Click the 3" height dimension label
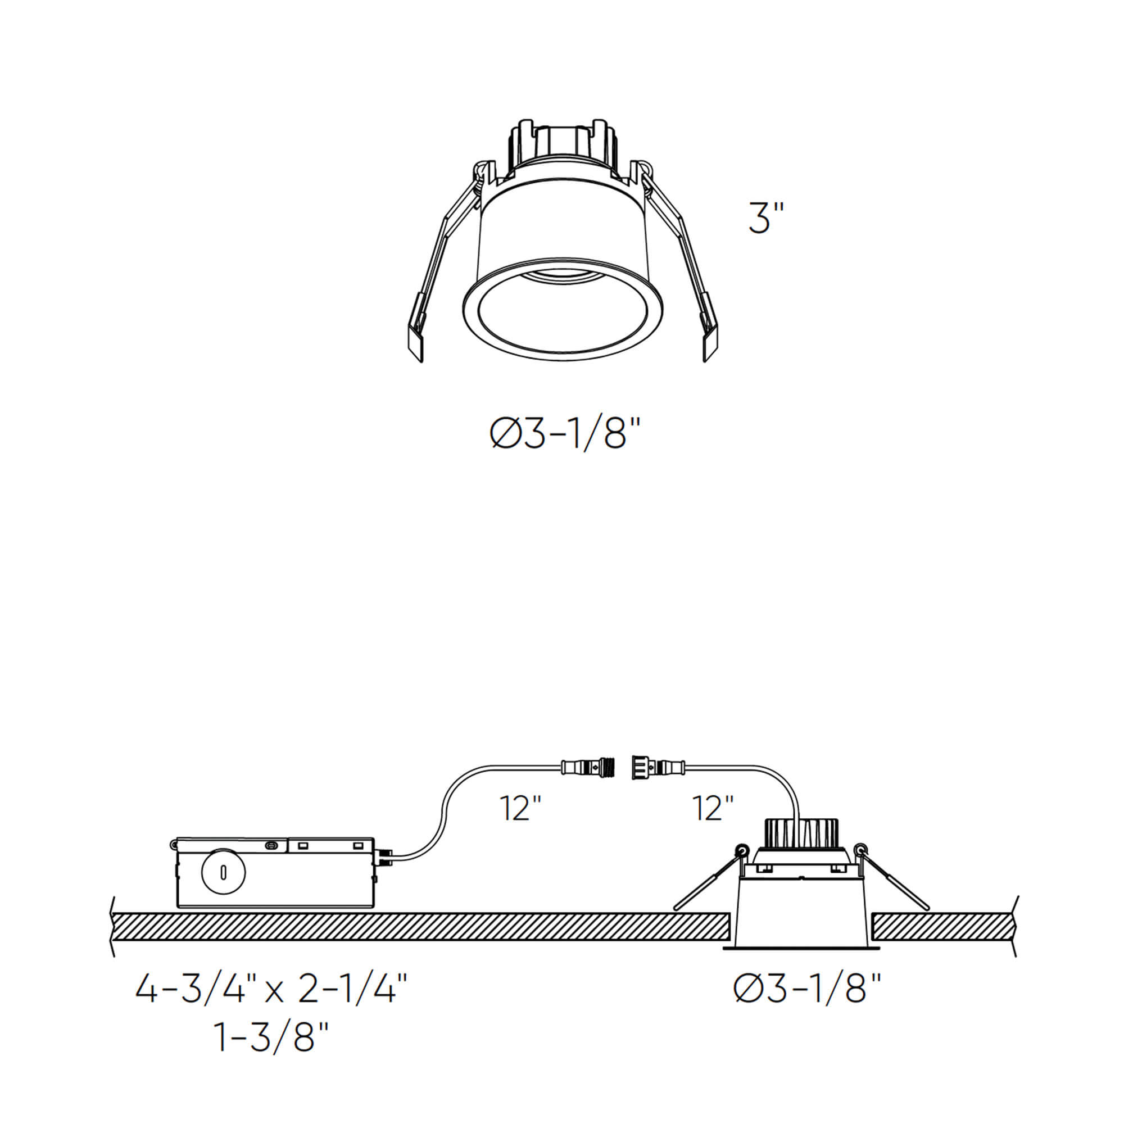pyautogui.click(x=766, y=219)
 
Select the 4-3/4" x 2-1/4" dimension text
pyautogui.click(x=271, y=989)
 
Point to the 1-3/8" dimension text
pyautogui.click(x=271, y=1037)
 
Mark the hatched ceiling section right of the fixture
pyautogui.click(x=944, y=926)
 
